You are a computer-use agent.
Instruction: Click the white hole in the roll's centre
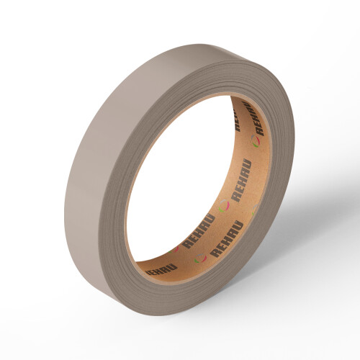[x=180, y=180]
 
